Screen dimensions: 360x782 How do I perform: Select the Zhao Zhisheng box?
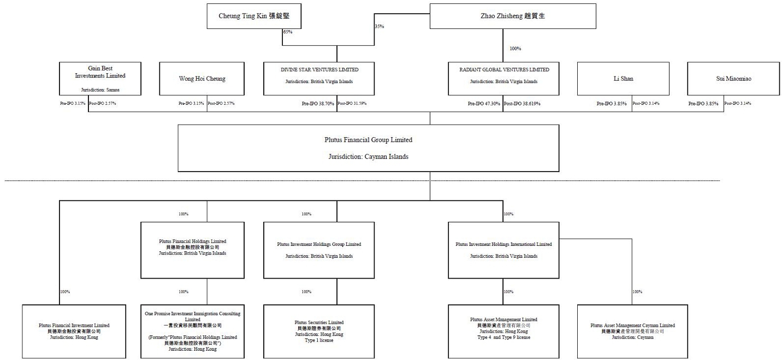pos(512,16)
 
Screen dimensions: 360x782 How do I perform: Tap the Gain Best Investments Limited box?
pos(100,79)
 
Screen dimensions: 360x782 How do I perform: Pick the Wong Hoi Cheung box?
pos(202,79)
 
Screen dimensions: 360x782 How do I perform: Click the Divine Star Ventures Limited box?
pos(319,79)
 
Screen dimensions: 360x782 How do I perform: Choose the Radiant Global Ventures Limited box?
pos(504,79)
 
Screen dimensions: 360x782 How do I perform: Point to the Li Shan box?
pos(623,79)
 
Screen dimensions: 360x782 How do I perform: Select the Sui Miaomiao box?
pos(733,79)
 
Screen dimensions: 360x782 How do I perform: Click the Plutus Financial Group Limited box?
pos(368,147)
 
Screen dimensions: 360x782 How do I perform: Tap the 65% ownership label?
pos(287,32)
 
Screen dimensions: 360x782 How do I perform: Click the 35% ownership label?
pos(379,26)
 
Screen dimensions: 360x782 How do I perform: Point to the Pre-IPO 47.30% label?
pos(484,103)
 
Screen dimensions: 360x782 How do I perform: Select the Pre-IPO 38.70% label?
pos(318,103)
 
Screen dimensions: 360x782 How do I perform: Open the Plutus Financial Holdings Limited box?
pos(192,250)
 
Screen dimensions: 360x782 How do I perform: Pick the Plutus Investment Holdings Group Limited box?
pos(319,250)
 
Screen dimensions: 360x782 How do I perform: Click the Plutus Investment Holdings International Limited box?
pos(503,250)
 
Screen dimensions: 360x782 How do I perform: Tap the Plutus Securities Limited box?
pos(319,331)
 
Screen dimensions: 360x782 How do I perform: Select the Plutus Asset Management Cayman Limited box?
pos(632,331)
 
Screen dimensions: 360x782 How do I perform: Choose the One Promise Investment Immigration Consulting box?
pos(192,331)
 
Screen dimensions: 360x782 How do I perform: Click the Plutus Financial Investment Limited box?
pos(74,331)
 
